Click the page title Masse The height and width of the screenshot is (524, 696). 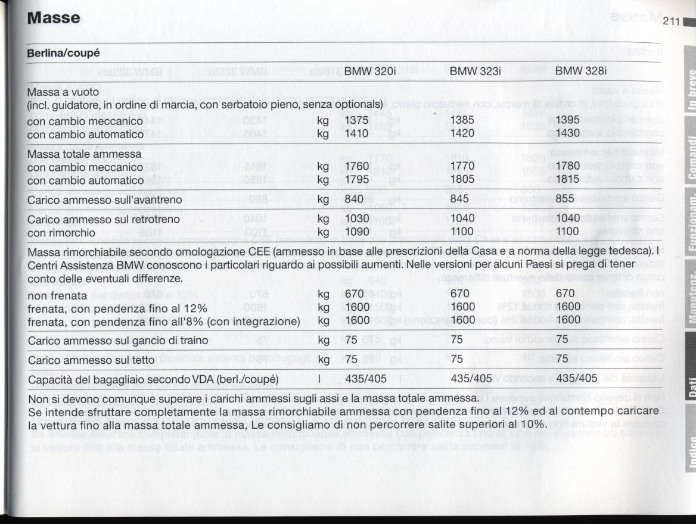point(54,18)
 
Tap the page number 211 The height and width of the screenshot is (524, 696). point(672,22)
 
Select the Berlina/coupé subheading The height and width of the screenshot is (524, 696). point(63,53)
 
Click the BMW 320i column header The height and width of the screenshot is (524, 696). point(370,71)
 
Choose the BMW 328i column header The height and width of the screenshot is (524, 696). point(580,71)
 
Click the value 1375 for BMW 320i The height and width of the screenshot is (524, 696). point(357,121)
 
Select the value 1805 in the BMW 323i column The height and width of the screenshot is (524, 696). point(462,179)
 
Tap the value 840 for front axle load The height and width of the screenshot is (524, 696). point(354,199)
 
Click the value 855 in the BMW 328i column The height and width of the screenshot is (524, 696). point(564,199)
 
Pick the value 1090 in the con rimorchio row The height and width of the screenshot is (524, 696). point(357,230)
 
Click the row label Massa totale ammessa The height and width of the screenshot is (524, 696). point(84,154)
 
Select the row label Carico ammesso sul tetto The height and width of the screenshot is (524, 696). point(91,360)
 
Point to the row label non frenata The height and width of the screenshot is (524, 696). point(57,295)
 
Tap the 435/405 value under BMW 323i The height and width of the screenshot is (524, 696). point(472,379)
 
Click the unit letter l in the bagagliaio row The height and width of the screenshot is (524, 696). point(320,379)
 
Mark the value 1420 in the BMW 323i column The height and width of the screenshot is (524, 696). point(462,133)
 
